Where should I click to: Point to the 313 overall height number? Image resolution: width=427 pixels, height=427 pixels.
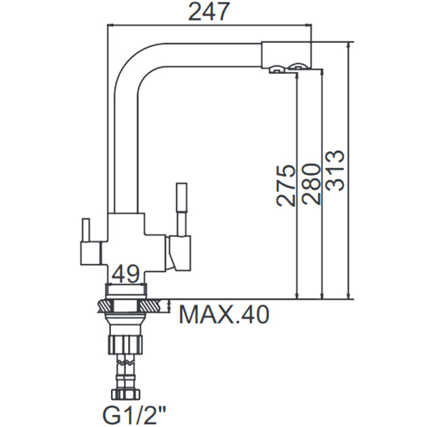click(x=335, y=171)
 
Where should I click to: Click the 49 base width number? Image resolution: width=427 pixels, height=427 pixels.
click(x=125, y=273)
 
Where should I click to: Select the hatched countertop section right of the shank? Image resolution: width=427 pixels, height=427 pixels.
click(x=155, y=305)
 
